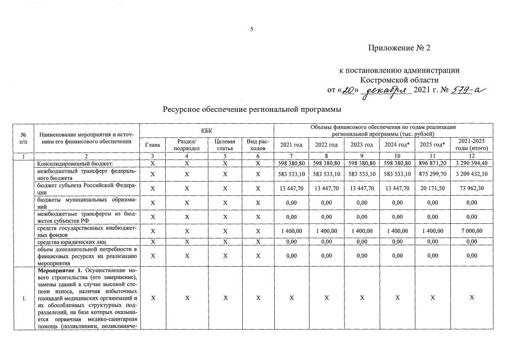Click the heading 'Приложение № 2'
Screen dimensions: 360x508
click(399, 48)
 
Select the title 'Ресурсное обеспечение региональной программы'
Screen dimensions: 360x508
click(252, 109)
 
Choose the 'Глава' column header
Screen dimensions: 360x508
click(152, 145)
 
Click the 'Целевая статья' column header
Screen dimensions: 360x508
click(225, 145)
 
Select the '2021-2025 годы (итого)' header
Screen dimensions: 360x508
click(473, 145)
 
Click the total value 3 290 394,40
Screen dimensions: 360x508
click(473, 163)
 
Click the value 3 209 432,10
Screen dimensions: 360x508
click(473, 174)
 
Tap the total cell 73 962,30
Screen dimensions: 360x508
click(473, 188)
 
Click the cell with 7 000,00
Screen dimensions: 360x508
click(473, 231)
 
